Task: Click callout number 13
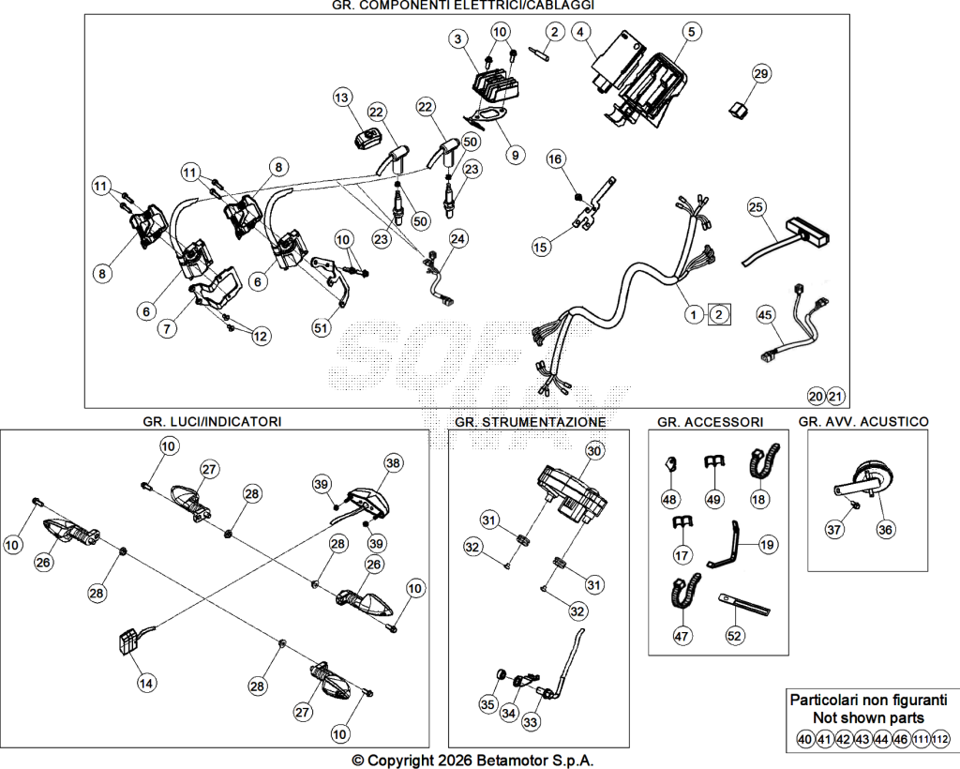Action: click(341, 97)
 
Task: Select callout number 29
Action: click(760, 73)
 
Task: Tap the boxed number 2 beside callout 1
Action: click(719, 315)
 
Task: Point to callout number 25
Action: click(757, 207)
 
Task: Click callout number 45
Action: click(765, 315)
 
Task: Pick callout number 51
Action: click(321, 327)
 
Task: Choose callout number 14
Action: click(146, 683)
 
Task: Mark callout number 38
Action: click(393, 463)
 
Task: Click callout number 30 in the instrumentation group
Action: click(593, 451)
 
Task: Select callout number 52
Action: click(734, 636)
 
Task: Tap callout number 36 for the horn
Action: click(885, 529)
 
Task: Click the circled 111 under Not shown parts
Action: click(921, 740)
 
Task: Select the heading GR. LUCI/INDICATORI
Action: click(212, 421)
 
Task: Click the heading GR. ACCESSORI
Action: click(711, 422)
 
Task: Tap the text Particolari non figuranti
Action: click(869, 700)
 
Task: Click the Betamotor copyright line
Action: click(473, 761)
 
